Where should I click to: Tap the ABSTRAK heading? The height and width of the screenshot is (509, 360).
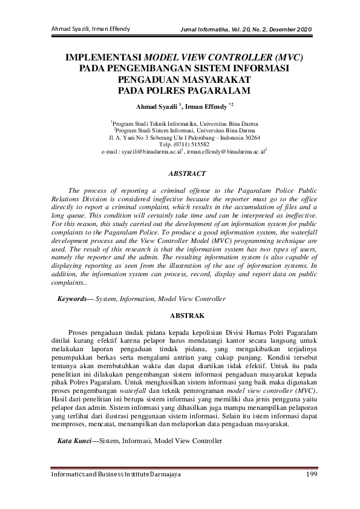(180, 316)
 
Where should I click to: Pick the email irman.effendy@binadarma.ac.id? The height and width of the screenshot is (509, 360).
(225, 154)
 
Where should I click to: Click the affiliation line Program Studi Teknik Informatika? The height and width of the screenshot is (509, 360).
(180, 122)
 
